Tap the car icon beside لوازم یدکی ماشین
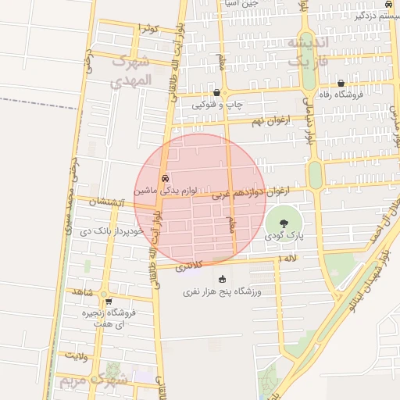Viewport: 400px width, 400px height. point(165,178)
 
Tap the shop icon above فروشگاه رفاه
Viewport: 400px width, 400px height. point(341,83)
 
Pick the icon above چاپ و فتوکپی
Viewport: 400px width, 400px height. point(216,92)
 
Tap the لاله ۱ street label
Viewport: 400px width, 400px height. point(289,259)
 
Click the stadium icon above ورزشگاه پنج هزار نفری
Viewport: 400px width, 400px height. point(222,279)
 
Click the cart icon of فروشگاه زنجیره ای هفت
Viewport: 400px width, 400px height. point(108,301)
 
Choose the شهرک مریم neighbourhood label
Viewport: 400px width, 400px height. point(92,382)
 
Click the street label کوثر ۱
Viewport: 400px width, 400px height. point(148,29)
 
